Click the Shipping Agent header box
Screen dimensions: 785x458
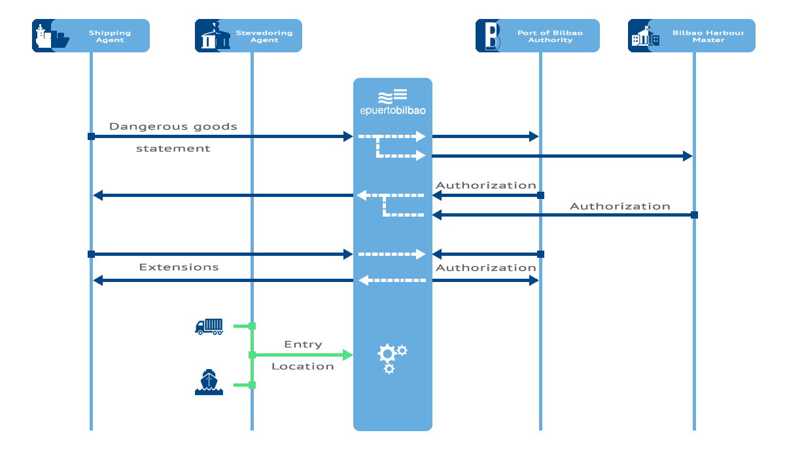91,36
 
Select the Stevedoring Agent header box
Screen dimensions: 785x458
249,36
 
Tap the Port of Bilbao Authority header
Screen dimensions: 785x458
538,36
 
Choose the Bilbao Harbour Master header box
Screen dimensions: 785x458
691,36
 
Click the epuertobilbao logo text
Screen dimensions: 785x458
393,111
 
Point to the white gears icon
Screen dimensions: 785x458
392,359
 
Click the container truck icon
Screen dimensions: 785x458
209,326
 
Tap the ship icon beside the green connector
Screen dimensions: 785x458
209,382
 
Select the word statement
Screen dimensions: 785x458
173,149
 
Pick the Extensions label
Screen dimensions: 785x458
179,267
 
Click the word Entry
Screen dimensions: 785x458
303,345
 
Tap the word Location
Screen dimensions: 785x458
303,366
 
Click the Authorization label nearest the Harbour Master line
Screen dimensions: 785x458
620,206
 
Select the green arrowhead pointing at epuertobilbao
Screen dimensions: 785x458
347,355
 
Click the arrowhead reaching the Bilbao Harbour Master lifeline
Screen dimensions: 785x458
688,156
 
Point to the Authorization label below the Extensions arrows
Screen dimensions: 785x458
485,268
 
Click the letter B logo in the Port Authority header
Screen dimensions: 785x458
492,36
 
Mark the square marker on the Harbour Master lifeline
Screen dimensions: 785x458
694,215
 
